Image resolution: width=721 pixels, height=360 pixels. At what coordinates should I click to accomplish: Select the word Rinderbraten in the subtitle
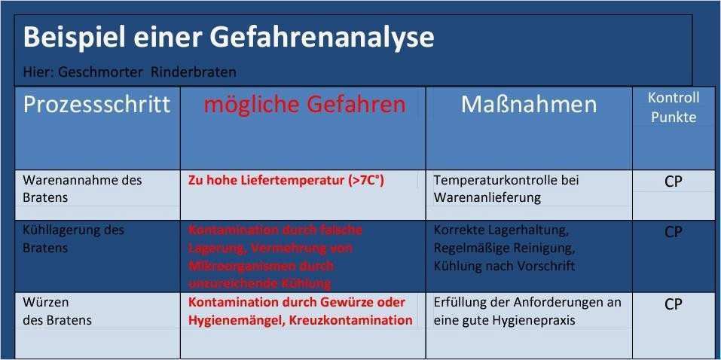[193, 72]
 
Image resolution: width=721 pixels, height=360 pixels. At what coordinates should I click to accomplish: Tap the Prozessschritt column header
[97, 105]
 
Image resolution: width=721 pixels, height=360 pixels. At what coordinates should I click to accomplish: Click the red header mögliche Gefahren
[304, 105]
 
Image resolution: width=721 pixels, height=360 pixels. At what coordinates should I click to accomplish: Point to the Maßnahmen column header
[528, 105]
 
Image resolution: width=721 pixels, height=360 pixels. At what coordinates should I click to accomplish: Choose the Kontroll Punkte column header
[673, 107]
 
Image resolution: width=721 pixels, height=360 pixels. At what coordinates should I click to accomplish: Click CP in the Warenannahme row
[673, 182]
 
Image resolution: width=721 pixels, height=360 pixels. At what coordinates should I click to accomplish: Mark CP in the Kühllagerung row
[673, 232]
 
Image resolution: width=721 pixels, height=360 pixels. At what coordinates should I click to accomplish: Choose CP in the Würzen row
[673, 304]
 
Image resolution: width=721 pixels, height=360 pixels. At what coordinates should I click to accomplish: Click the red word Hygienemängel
[234, 320]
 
